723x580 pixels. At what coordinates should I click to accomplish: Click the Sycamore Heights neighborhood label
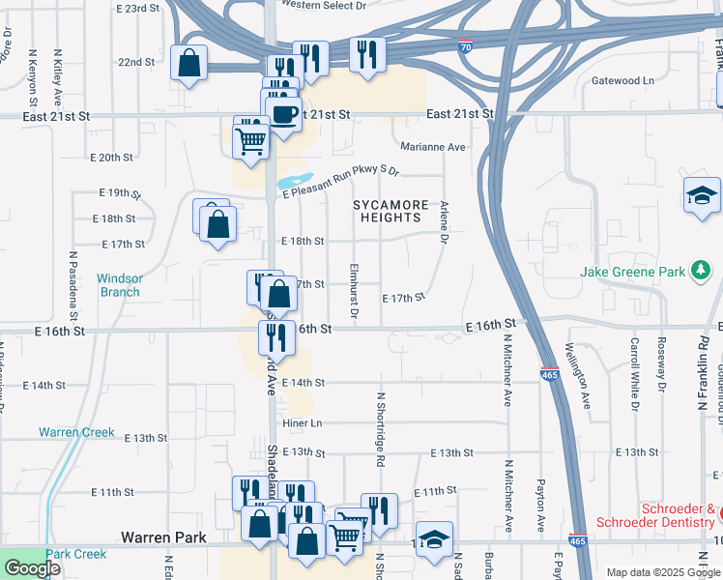(390, 212)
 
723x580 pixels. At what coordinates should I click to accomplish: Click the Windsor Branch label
(119, 285)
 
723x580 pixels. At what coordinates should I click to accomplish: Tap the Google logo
(32, 568)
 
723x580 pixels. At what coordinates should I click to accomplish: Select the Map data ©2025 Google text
(662, 572)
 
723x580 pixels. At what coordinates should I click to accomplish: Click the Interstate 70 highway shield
(466, 45)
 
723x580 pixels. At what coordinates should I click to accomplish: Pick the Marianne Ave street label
(433, 147)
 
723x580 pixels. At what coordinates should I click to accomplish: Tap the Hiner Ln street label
(302, 422)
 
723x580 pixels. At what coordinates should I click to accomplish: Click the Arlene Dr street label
(445, 221)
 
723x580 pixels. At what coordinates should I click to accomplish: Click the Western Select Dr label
(324, 5)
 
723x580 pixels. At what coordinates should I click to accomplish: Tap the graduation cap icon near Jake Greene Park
(702, 196)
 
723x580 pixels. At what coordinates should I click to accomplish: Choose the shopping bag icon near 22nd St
(189, 63)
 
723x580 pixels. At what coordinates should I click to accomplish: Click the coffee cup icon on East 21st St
(283, 114)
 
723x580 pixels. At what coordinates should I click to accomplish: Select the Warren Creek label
(76, 432)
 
